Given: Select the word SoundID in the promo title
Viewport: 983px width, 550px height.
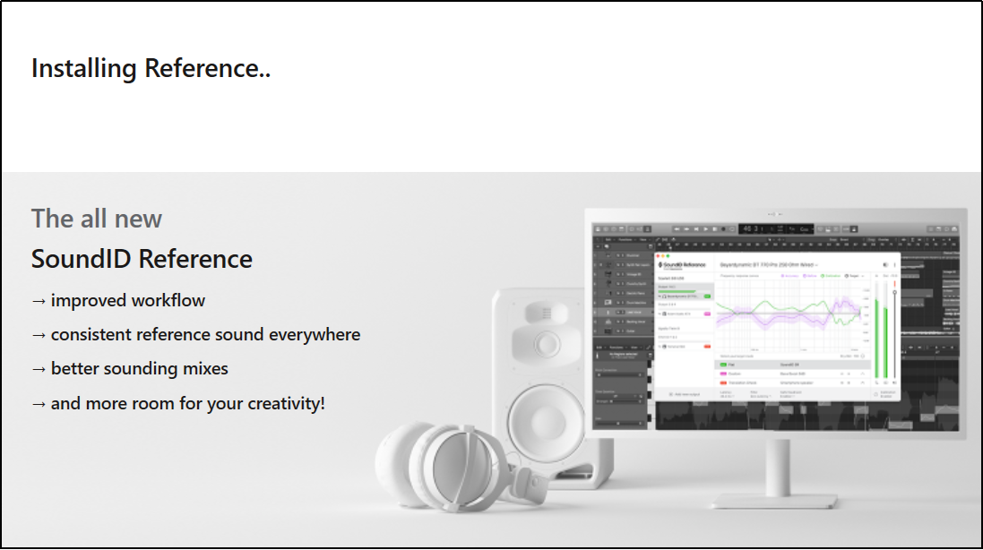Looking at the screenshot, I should pos(82,259).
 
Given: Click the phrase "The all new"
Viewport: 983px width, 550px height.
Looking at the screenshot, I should pos(97,219).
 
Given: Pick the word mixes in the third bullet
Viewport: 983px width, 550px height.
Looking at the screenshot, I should pos(204,368).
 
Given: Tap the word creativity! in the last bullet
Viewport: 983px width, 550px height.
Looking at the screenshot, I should pos(281,403).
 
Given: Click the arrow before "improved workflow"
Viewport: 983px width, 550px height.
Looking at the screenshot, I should pos(39,301).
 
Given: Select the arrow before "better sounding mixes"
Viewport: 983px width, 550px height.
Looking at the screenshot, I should pos(39,369).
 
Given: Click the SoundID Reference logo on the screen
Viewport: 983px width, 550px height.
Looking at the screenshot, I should pos(683,265).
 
